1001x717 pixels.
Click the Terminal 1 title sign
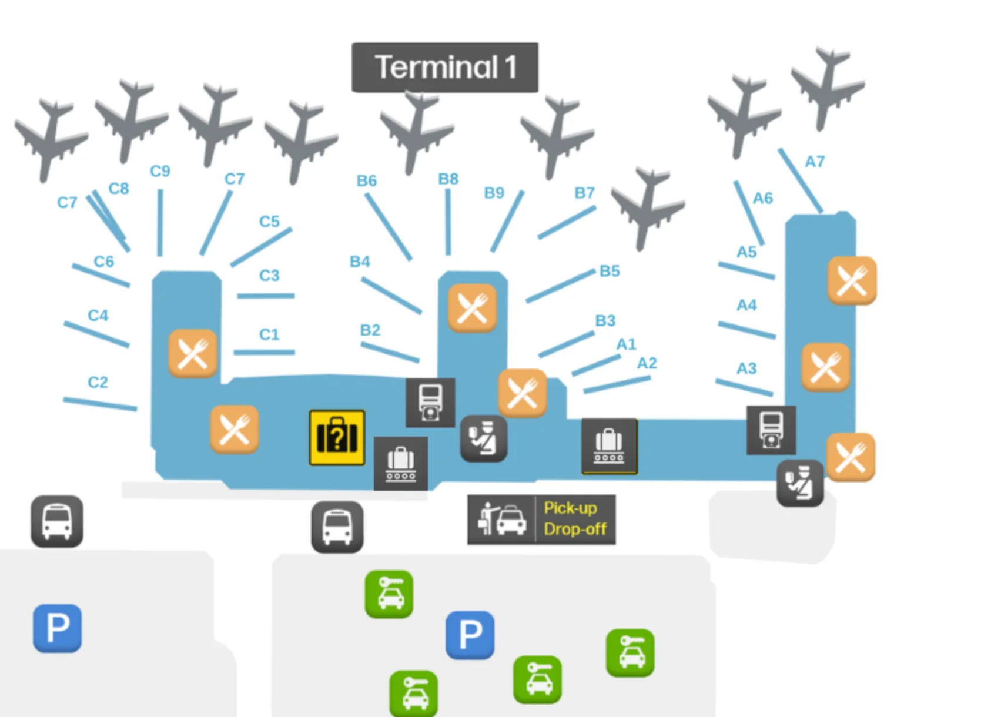pos(445,67)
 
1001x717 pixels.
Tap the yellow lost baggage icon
pos(337,437)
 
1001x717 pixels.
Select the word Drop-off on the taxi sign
pos(575,530)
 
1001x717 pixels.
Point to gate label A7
pos(815,162)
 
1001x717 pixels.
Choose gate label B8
pos(448,179)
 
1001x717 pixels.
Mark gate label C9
pos(160,171)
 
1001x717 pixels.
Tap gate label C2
pos(98,383)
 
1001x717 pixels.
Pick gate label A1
pos(626,344)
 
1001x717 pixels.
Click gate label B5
pos(610,271)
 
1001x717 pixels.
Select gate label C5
pos(269,222)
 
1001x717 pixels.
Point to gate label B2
pos(370,330)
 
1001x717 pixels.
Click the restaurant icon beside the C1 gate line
pos(193,353)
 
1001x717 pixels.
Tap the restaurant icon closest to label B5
pos(472,308)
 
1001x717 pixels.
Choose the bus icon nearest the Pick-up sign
pos(337,527)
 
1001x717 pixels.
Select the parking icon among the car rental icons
pos(470,635)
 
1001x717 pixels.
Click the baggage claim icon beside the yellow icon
pos(401,464)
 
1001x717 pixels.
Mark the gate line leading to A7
pos(800,180)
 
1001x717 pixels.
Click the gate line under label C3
pos(266,296)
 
